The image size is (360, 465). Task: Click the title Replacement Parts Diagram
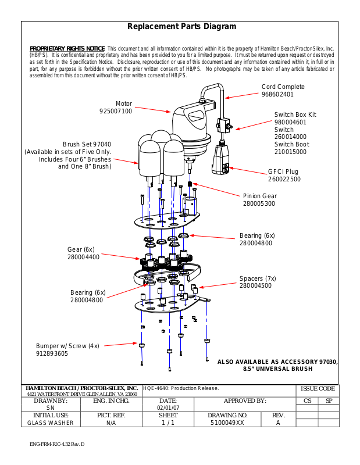tap(181, 27)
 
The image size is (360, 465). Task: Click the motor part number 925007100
tap(116, 111)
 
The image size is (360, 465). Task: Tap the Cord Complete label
tap(283, 87)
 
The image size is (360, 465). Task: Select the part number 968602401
tap(277, 94)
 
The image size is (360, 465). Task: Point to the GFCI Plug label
tap(283, 172)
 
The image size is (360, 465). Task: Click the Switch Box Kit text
tap(295, 115)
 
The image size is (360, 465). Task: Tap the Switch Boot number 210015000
tap(290, 152)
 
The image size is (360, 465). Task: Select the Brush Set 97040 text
tap(87, 144)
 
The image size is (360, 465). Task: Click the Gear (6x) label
tap(81, 249)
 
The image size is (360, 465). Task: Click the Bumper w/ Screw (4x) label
tap(67, 346)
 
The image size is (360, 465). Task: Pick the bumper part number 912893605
tap(52, 353)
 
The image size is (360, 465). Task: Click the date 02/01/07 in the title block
tap(168, 408)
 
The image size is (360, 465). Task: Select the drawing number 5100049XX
tap(227, 423)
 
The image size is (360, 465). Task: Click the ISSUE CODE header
tap(318, 388)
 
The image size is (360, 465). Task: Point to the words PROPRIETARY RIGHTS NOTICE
tap(67, 48)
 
